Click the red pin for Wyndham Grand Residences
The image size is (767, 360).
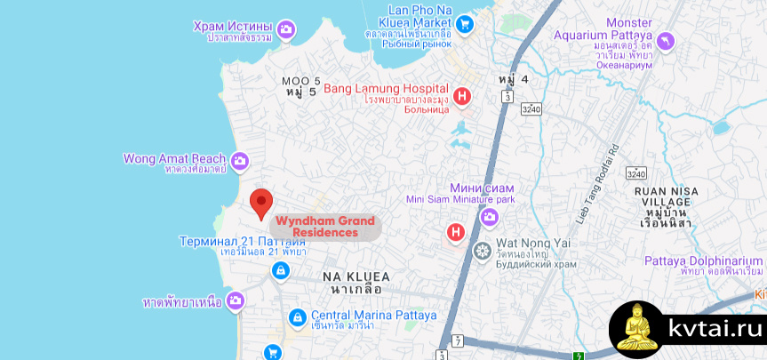pos(260,204)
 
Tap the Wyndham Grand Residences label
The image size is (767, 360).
pos(324,227)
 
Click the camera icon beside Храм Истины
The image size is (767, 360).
pos(286,31)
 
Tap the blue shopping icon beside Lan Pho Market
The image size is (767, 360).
pos(466,25)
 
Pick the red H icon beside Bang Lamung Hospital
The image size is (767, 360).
pos(461,97)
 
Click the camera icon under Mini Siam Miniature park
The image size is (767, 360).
pos(489,217)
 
